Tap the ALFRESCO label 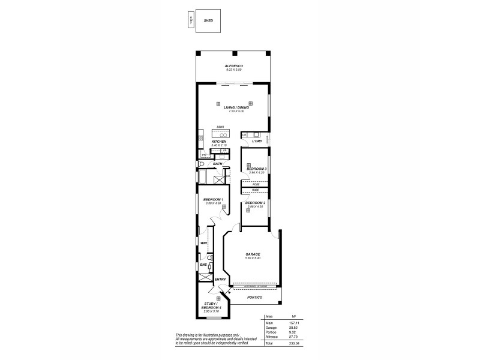click(x=233, y=66)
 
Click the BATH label click(x=217, y=163)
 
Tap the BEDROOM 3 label click(x=256, y=169)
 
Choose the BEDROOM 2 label click(x=256, y=203)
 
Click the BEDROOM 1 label click(x=213, y=200)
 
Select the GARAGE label click(x=253, y=254)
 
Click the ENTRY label click(x=220, y=280)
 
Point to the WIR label click(x=203, y=243)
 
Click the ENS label click(x=203, y=264)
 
